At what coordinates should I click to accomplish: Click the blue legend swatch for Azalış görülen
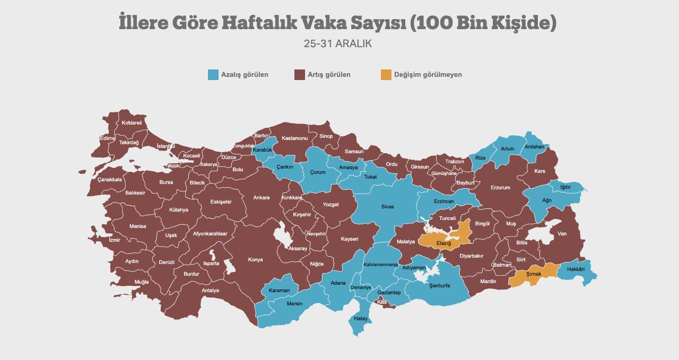coord(213,75)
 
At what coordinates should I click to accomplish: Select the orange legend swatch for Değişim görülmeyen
coord(386,75)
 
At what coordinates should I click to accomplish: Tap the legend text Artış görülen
coord(329,75)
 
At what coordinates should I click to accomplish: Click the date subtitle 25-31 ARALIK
coord(338,44)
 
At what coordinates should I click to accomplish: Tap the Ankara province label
coord(262,198)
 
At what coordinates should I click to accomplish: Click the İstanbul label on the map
coord(166,146)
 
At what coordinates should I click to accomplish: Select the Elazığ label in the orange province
coord(443,243)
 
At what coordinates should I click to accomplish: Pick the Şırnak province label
coord(534,274)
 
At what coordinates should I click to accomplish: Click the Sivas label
coord(388,207)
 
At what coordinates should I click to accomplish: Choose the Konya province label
coord(256,260)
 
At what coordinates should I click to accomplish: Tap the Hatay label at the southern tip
coord(361,319)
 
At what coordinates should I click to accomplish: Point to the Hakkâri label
coord(576,269)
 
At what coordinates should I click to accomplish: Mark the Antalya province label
coord(211,291)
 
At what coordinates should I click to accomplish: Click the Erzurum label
coord(500,188)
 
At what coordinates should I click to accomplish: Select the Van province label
coord(562,234)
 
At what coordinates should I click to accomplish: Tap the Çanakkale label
coord(110,180)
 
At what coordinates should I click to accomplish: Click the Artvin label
coord(508,149)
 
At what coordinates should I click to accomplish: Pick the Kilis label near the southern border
coord(382,302)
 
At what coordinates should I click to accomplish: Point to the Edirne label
coord(108,138)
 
